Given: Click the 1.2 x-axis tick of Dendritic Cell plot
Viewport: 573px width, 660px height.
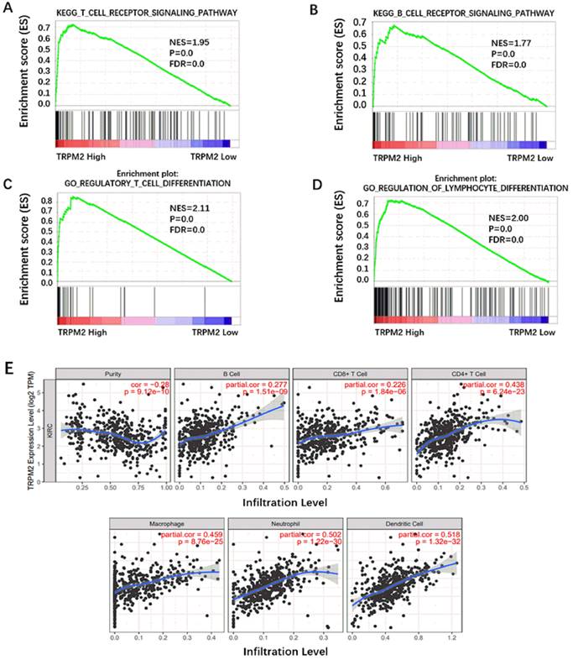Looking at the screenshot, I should pyautogui.click(x=452, y=638).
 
